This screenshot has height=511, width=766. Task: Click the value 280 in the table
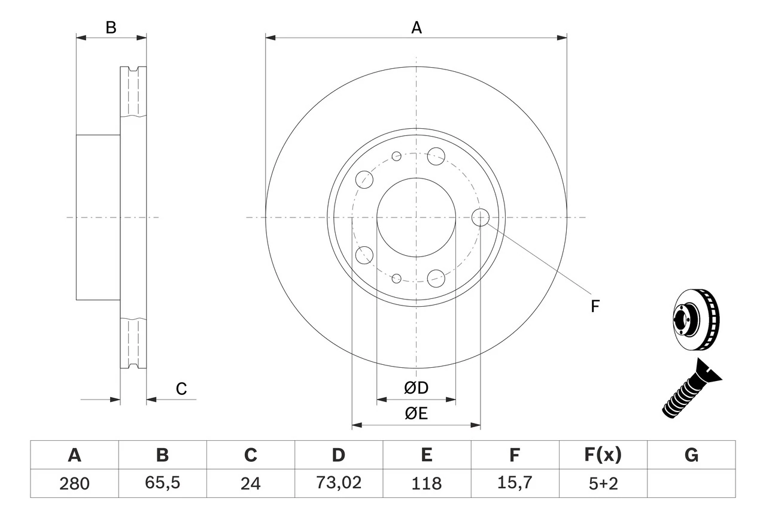[x=74, y=483]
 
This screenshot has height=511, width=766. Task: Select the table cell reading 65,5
[x=162, y=483]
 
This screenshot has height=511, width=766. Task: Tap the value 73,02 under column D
[x=338, y=483]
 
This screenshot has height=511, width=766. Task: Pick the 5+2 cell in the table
[x=603, y=483]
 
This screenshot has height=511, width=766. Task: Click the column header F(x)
[x=603, y=455]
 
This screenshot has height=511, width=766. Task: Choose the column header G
[x=691, y=455]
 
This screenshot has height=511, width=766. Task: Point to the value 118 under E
[x=426, y=483]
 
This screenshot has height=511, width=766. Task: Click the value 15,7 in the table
[x=514, y=483]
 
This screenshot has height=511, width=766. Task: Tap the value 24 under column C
[x=250, y=483]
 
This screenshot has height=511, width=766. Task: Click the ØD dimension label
[x=417, y=388]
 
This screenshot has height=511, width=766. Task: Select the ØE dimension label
[x=417, y=414]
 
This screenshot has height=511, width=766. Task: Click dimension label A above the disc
[x=417, y=28]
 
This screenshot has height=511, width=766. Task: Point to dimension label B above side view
[x=111, y=28]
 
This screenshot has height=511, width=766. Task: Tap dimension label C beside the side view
[x=181, y=389]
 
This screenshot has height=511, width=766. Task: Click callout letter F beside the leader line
[x=594, y=307]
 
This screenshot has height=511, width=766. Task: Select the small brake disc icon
[x=697, y=320]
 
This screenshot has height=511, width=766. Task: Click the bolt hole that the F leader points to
[x=481, y=217]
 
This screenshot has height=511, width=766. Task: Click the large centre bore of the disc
[x=417, y=217]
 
